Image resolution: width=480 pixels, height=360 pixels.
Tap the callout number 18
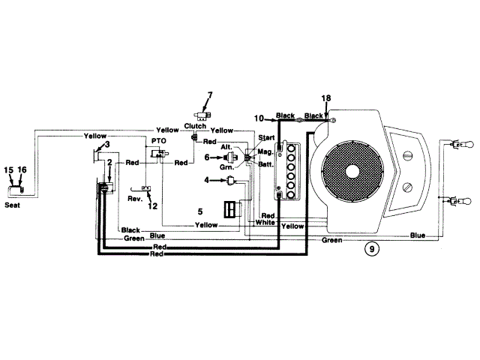[325, 99]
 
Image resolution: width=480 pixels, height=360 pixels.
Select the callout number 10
[260, 118]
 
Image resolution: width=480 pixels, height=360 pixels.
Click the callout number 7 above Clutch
[210, 95]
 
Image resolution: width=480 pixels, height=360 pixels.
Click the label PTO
[158, 140]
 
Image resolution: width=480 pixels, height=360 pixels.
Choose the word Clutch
[195, 126]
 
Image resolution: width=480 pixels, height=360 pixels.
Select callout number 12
[153, 205]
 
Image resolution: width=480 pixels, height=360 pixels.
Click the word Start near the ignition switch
[266, 138]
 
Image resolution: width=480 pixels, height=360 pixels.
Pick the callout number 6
[208, 157]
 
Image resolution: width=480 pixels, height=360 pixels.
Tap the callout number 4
[208, 179]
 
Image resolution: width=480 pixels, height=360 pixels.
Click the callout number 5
[200, 211]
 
